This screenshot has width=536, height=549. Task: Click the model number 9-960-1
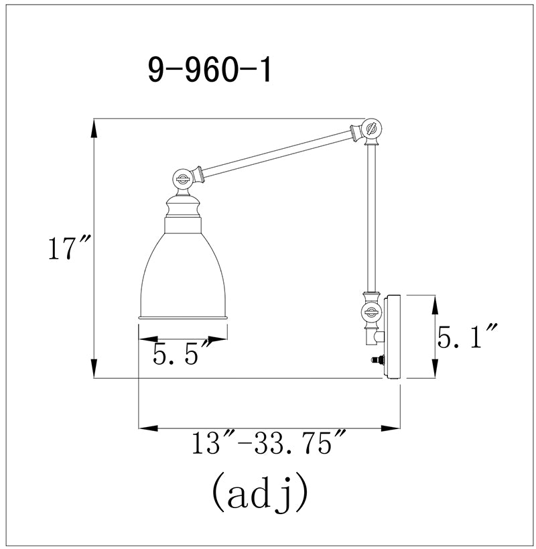point(210,70)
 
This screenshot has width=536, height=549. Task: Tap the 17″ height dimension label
point(69,248)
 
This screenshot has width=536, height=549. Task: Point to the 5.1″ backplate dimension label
point(467,335)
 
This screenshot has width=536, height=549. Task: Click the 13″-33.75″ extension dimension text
point(269,442)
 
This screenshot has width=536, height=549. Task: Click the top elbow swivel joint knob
point(372,129)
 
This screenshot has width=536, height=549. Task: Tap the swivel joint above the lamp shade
point(182,179)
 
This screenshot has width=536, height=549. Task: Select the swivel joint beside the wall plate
point(371,311)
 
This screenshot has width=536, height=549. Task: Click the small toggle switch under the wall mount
point(378,359)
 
